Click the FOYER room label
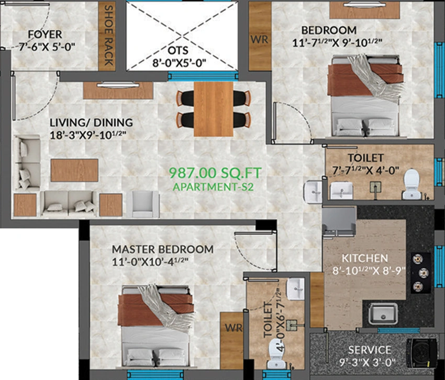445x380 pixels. click(45, 34)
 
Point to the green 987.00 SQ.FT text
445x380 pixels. click(215, 173)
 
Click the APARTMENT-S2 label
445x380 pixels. click(213, 187)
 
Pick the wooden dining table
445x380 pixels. click(214, 109)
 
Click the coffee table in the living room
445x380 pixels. click(74, 170)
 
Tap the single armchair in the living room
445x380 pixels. click(143, 204)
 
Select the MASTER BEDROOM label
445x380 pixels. click(163, 249)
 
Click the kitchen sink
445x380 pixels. click(383, 314)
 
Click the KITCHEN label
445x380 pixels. click(365, 258)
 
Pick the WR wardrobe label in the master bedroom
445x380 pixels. click(233, 328)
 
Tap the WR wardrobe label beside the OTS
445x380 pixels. click(259, 39)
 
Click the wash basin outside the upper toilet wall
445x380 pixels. click(313, 192)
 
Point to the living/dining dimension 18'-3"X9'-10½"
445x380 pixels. click(88, 135)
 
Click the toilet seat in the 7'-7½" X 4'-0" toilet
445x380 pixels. click(412, 184)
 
